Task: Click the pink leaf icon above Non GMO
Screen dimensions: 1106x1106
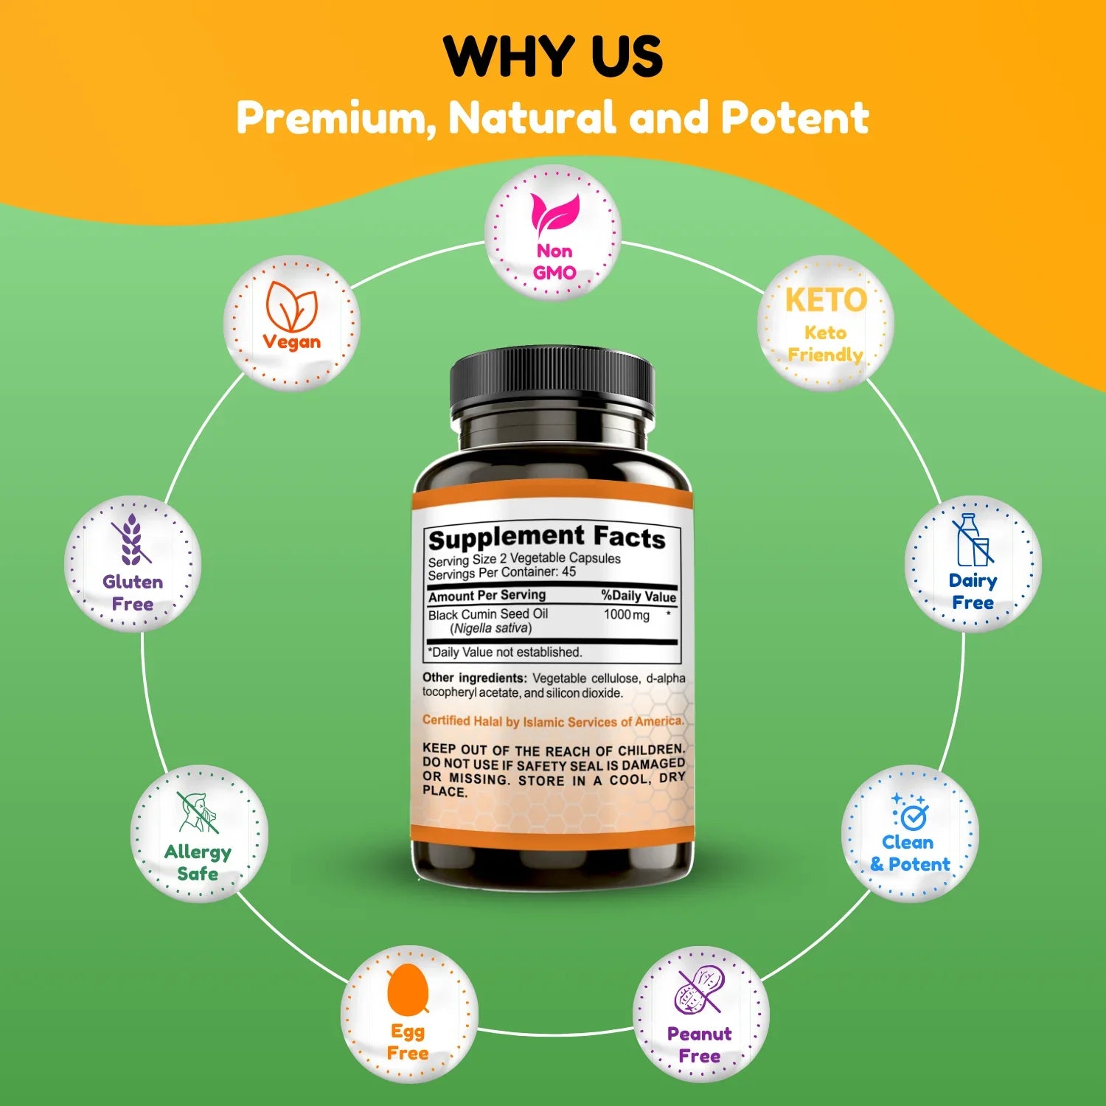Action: (555, 215)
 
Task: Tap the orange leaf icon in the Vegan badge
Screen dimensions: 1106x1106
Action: (292, 307)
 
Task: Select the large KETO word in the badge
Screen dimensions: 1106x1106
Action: (826, 300)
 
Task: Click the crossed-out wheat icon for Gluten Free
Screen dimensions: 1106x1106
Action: (131, 540)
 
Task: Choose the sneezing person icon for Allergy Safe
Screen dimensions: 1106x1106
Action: (197, 812)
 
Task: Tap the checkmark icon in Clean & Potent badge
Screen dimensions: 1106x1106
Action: (911, 813)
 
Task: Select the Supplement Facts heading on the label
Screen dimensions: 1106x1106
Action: (546, 538)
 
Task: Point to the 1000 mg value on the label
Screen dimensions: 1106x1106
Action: (627, 615)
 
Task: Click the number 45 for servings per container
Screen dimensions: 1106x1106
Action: (568, 572)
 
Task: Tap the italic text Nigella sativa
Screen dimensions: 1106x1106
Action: (490, 628)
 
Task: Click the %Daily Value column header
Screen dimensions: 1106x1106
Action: (638, 596)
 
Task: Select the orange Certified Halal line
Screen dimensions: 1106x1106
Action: (552, 721)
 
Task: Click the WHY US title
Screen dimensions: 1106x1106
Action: (553, 56)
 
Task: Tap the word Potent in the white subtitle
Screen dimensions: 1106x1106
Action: (795, 118)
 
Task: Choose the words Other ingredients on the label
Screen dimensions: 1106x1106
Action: (474, 678)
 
